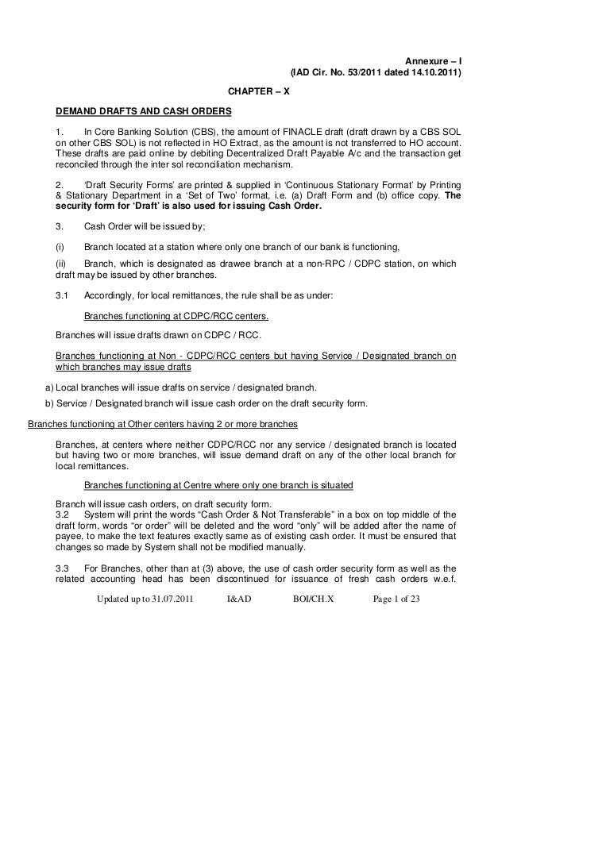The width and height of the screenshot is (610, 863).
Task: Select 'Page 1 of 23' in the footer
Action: coord(396,599)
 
